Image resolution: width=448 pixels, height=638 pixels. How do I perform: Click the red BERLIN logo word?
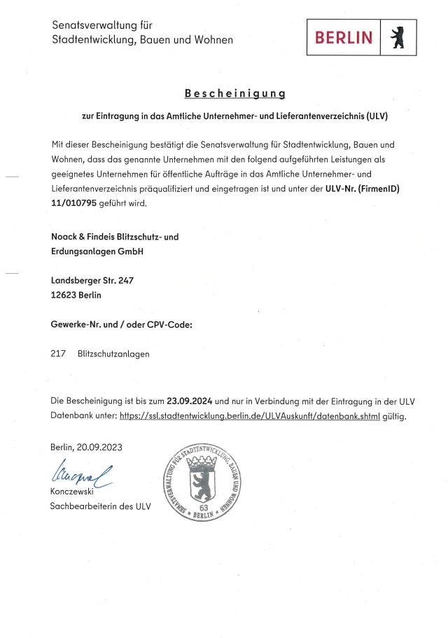(x=344, y=38)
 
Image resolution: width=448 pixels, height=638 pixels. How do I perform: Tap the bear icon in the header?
(x=398, y=38)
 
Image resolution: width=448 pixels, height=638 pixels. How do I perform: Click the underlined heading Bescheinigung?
(x=234, y=93)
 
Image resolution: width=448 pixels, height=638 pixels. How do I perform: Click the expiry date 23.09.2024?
(x=190, y=401)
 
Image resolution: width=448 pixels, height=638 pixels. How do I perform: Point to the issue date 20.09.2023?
(x=102, y=447)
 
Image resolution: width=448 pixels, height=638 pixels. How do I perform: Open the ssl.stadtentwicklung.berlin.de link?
(x=249, y=415)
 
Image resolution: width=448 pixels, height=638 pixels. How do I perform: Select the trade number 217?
(x=58, y=354)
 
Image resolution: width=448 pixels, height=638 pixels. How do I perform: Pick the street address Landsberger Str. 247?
(x=92, y=280)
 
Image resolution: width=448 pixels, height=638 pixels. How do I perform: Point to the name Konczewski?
(x=72, y=492)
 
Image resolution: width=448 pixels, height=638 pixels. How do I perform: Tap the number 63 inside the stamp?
(x=204, y=507)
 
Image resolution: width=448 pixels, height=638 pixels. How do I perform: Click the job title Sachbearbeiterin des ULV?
(x=100, y=506)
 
